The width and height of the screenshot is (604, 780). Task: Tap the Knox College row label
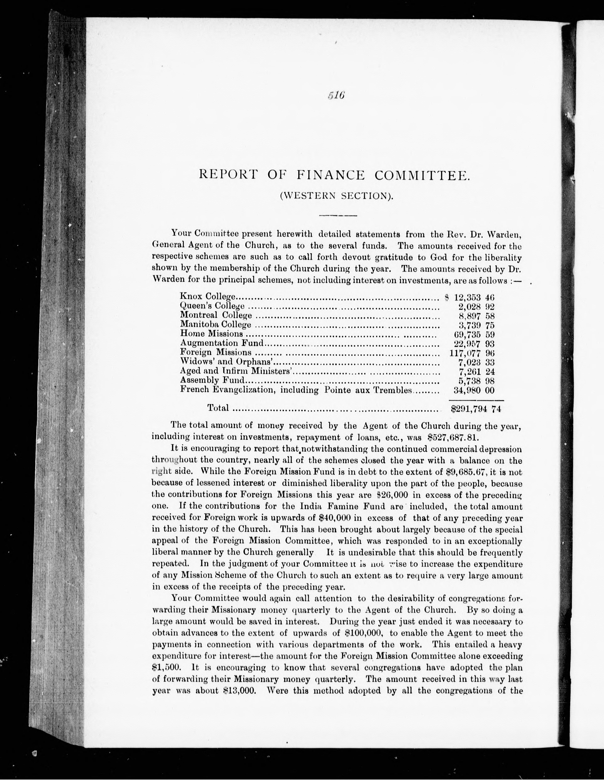click(207, 296)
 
